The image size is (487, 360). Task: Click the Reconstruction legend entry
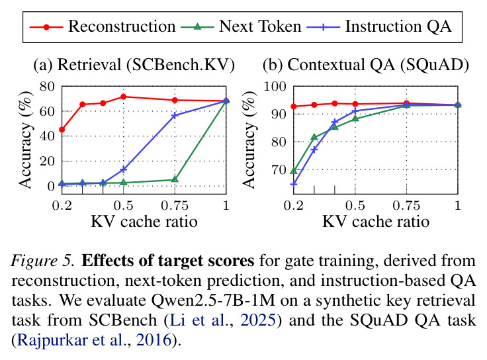click(x=103, y=26)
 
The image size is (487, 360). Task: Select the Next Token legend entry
click(x=241, y=26)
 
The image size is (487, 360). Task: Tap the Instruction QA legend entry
click(x=379, y=26)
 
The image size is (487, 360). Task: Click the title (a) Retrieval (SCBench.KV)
click(x=134, y=65)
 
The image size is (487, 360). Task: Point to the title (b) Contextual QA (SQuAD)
click(x=366, y=65)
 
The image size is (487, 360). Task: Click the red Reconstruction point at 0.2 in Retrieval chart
click(x=62, y=130)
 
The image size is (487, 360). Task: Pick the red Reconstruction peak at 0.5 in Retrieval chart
click(x=123, y=97)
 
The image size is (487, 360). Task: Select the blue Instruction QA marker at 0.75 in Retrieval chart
click(x=175, y=115)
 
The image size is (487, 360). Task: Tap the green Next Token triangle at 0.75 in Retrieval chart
click(x=175, y=179)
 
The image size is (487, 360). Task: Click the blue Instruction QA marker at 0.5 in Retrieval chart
click(x=123, y=169)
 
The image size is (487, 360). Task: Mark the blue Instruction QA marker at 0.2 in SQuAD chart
click(x=294, y=185)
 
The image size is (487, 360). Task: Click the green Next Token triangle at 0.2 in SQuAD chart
click(x=294, y=171)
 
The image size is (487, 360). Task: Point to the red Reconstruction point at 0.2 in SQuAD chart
click(x=294, y=107)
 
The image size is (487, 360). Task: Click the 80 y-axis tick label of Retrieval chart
click(x=47, y=86)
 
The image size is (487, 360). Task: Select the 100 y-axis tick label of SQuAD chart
click(x=275, y=86)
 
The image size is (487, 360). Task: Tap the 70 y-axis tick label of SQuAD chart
click(x=279, y=170)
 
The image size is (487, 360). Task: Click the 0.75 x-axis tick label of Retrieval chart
click(x=175, y=206)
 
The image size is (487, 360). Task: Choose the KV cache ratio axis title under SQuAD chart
click(x=376, y=222)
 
